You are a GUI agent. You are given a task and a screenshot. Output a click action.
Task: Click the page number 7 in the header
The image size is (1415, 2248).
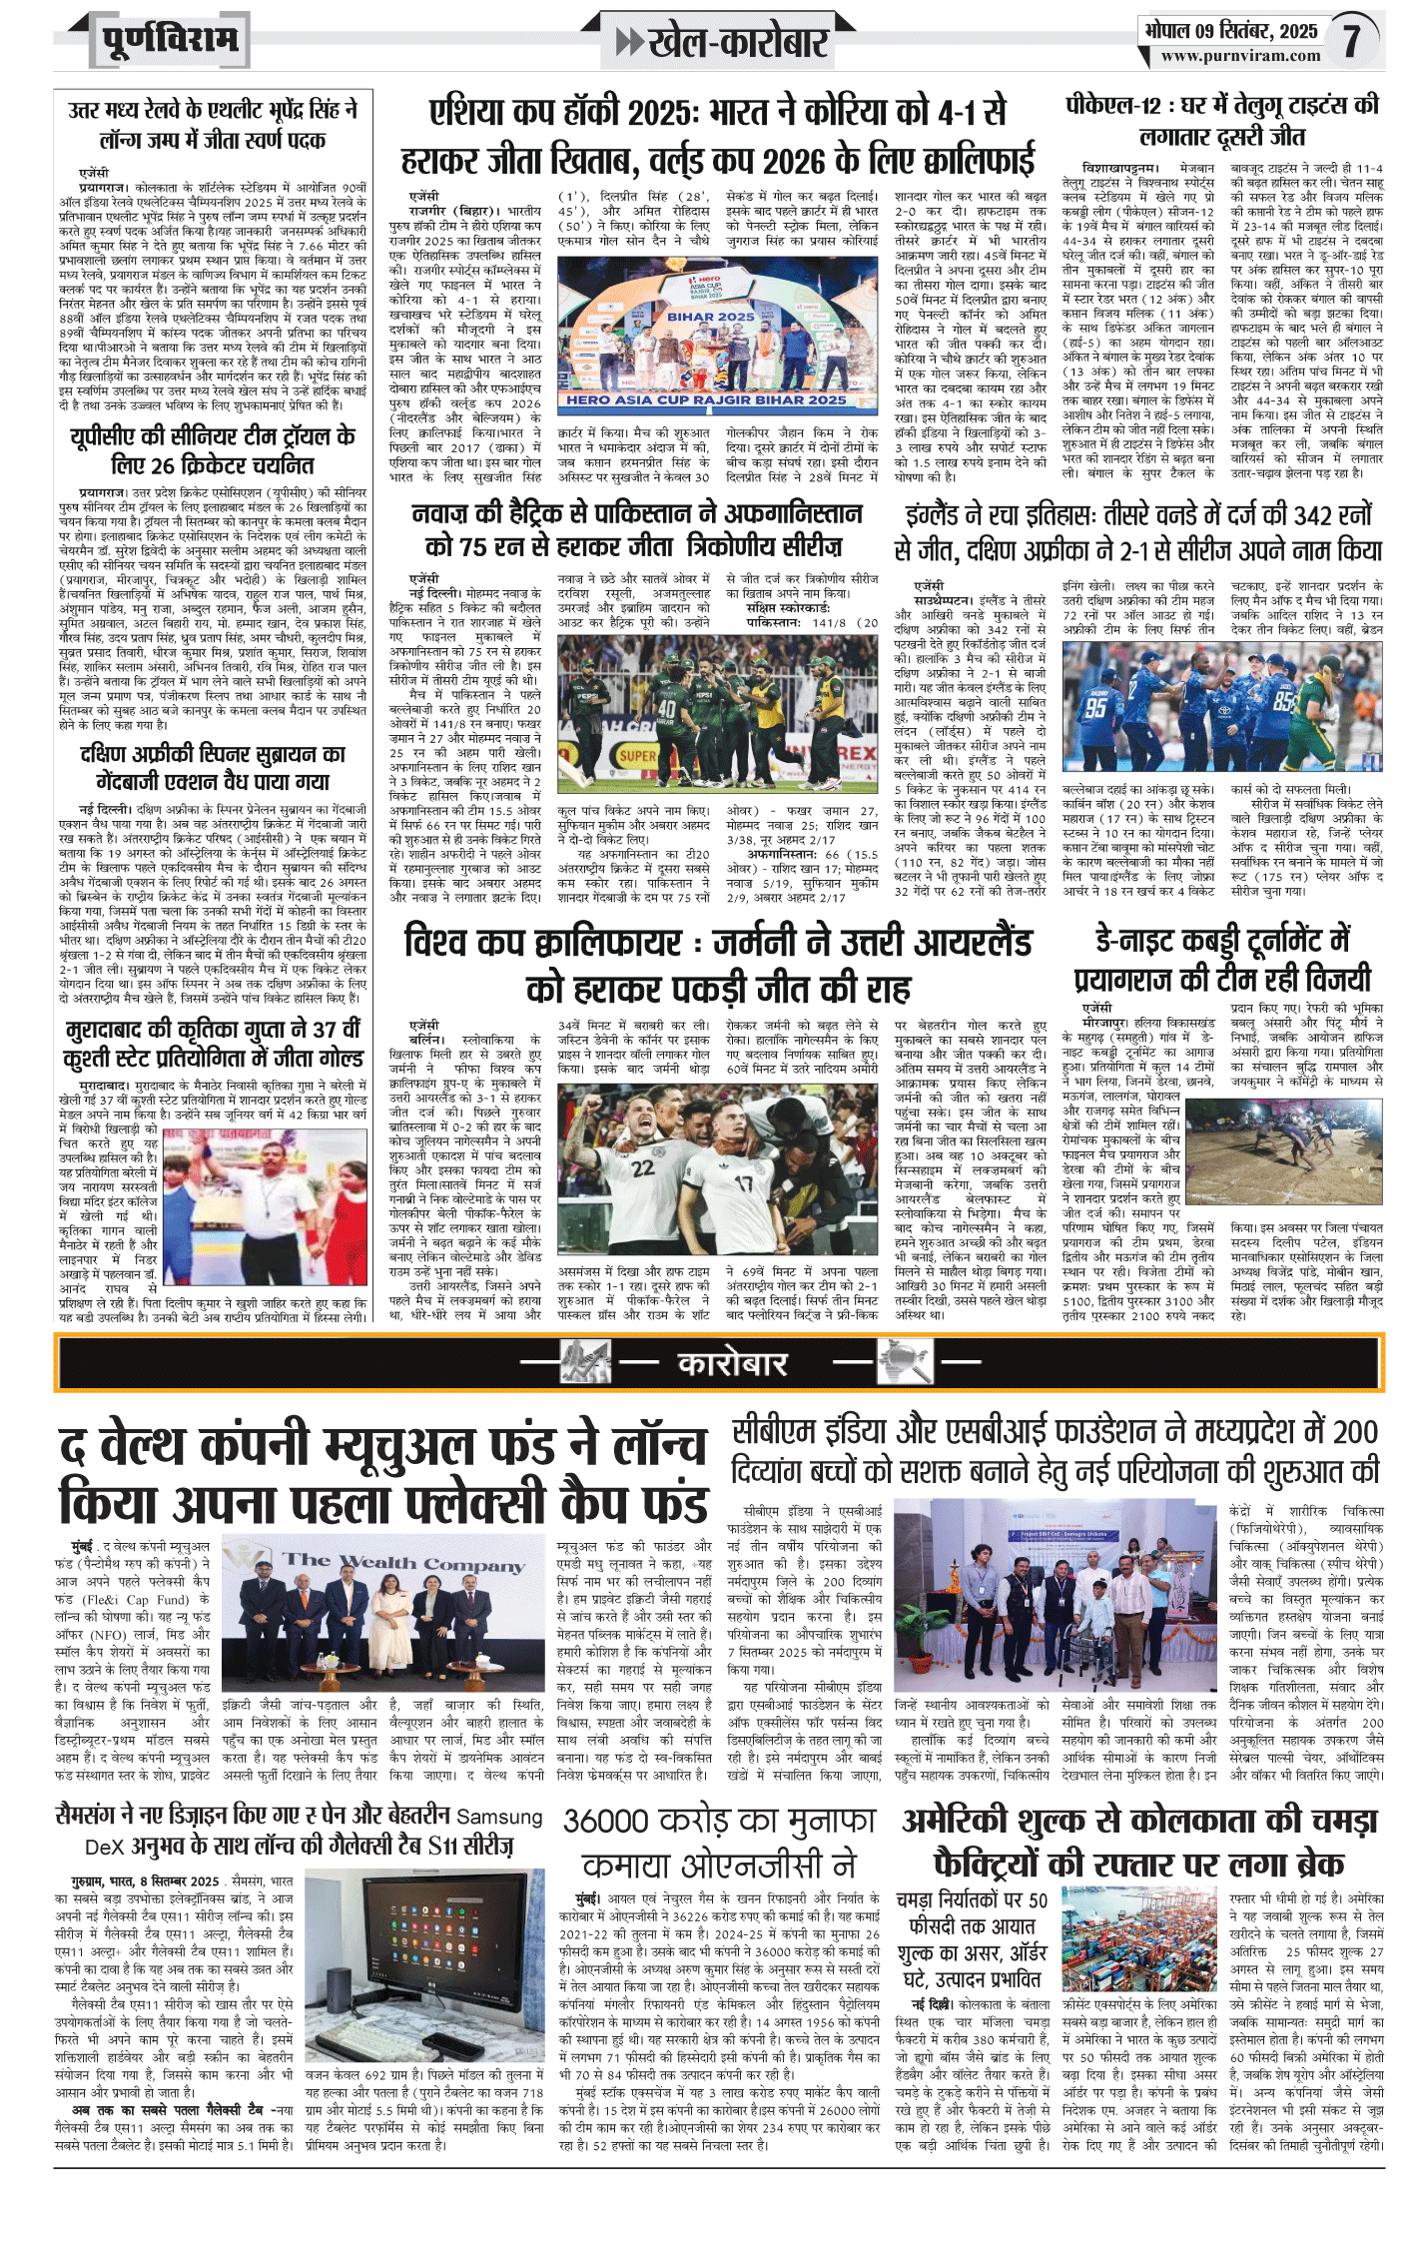(x=1351, y=39)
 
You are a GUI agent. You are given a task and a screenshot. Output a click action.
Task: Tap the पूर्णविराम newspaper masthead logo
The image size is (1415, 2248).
(x=171, y=41)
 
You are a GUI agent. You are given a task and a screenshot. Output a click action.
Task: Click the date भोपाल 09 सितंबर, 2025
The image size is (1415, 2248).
(x=1230, y=31)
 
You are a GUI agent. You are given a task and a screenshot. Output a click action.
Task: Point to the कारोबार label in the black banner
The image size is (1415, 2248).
(x=733, y=1364)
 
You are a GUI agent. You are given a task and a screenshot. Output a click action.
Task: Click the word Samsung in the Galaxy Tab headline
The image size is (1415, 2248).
(x=499, y=1818)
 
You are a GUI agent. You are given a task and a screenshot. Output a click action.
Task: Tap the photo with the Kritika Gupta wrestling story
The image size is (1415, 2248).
(x=264, y=1206)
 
